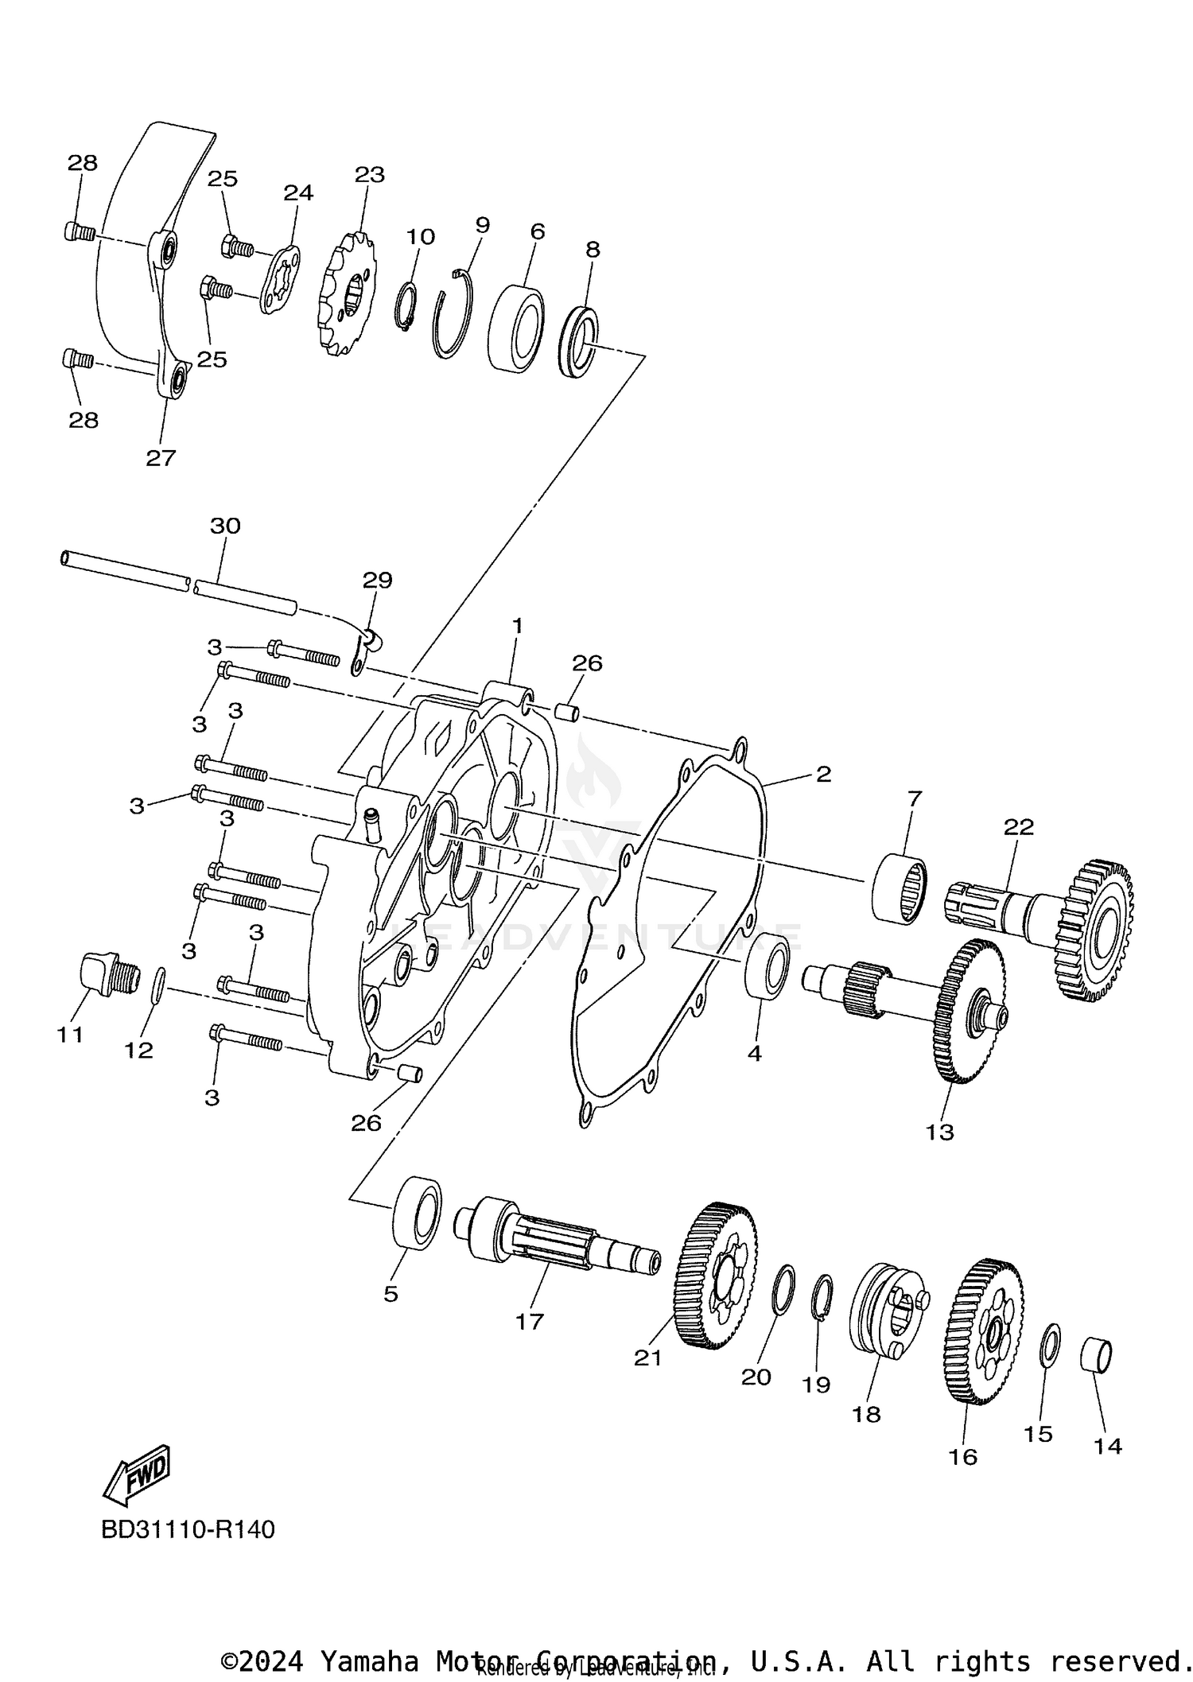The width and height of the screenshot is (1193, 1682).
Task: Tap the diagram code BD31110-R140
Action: [188, 1530]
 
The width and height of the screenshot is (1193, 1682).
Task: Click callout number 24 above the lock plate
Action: [298, 192]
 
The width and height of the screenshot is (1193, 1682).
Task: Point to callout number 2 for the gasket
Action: [823, 774]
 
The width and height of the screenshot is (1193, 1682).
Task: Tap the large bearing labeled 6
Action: [516, 328]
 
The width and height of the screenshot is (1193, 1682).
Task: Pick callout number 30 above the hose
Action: [225, 526]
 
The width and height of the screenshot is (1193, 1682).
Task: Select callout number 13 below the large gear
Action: [939, 1132]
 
